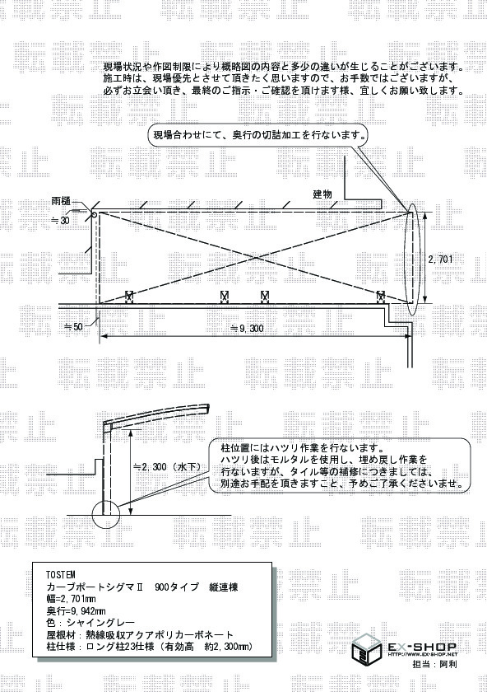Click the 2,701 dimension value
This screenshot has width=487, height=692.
coord(440,259)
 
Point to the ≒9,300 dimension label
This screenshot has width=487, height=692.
coord(248,329)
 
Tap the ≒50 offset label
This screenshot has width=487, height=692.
coord(73,327)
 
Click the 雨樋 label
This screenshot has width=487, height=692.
coord(61,202)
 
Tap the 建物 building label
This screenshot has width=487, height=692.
coord(322,194)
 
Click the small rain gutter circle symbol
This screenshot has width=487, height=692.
coord(95,215)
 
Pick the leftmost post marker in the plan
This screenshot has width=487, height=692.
coord(129,296)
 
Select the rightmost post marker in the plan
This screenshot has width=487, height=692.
coord(380,296)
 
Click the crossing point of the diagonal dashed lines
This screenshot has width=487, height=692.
coord(255,257)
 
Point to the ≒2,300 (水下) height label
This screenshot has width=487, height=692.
coord(167,466)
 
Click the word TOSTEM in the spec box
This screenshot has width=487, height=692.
coord(61,575)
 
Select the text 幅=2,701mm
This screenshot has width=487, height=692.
coord(71,599)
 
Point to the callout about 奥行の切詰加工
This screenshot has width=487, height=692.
coord(258,135)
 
